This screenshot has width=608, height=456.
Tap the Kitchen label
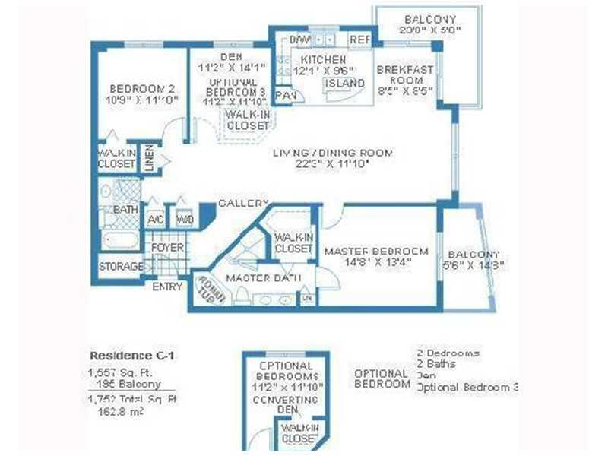pos(323,59)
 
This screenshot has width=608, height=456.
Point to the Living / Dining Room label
pos(333,154)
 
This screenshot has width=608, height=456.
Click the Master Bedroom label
pos(376,251)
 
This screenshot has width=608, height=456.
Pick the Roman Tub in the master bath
pos(208,289)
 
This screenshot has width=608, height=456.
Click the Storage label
pos(120,267)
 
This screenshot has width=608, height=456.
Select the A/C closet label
pos(156,220)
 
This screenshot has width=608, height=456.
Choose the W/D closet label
pos(184,220)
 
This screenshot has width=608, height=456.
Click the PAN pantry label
pos(286,95)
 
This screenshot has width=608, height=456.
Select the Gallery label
pos(243,204)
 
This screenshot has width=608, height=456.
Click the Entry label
pos(167,287)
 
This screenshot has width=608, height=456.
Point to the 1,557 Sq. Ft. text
pos(128,372)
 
